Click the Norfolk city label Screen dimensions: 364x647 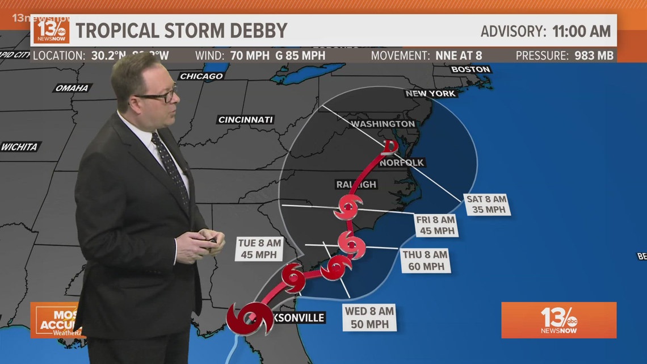pyautogui.click(x=402, y=162)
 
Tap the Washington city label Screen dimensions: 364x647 pyautogui.click(x=383, y=124)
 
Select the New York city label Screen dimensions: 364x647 pyautogui.click(x=431, y=94)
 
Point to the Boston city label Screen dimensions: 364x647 pyautogui.click(x=470, y=69)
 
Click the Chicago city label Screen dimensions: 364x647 pyautogui.click(x=201, y=76)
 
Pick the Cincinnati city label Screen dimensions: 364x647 pyautogui.click(x=246, y=120)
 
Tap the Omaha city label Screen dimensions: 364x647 pyautogui.click(x=72, y=88)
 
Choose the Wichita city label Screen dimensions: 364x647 pyautogui.click(x=19, y=147)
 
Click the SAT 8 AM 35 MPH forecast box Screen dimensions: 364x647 pyautogui.click(x=486, y=204)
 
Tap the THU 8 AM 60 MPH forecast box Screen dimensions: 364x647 pyautogui.click(x=425, y=261)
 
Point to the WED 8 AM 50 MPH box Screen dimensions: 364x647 pyautogui.click(x=369, y=317)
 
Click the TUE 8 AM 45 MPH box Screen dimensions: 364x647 pyautogui.click(x=258, y=248)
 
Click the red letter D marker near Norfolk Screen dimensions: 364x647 pyautogui.click(x=389, y=148)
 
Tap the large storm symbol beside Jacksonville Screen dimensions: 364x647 pyautogui.click(x=249, y=319)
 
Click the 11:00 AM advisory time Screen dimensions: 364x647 pyautogui.click(x=582, y=31)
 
